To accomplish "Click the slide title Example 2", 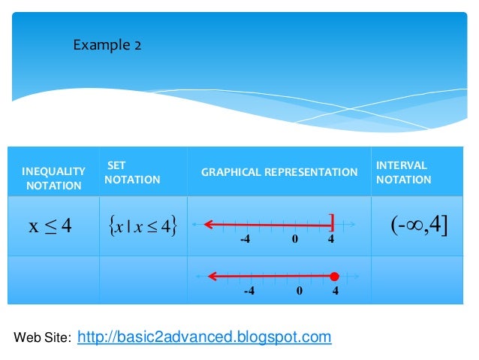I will tap(107, 46).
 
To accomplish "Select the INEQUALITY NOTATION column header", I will tap(53, 179).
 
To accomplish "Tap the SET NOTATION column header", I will tap(131, 172).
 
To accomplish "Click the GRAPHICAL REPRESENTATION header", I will tap(279, 172).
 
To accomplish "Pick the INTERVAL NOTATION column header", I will tap(403, 172).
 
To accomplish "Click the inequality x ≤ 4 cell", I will tap(50, 225).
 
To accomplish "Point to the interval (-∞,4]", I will tap(418, 224).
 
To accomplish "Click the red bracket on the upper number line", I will tap(332, 223).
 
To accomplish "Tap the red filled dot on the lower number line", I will tap(335, 277).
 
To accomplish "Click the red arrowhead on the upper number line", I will tap(209, 223).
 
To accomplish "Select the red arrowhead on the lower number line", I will tap(214, 277).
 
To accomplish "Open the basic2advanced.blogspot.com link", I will tap(204, 337).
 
